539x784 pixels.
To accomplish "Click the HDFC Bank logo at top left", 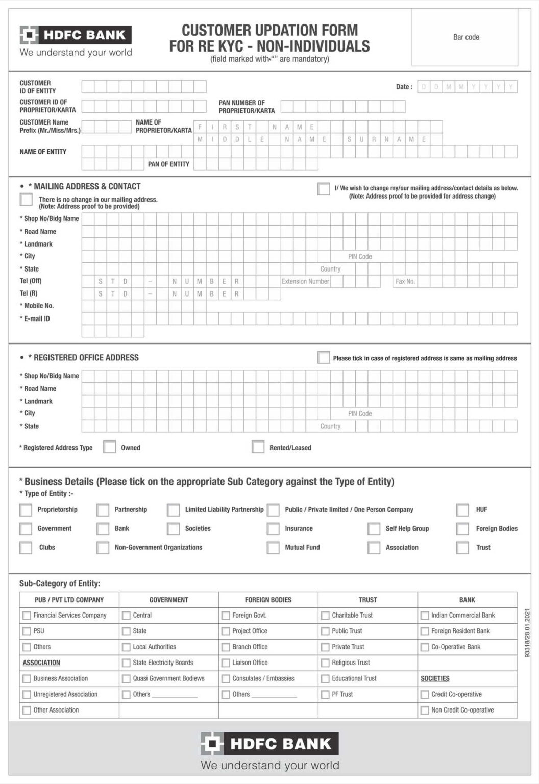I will [x=76, y=35].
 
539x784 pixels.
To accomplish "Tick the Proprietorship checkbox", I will [x=26, y=510].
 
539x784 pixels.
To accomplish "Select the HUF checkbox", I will [x=462, y=510].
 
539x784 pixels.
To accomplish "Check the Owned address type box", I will [x=109, y=447].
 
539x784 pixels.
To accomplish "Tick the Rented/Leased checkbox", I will [x=258, y=447].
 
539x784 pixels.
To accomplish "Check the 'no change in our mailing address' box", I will [x=26, y=199].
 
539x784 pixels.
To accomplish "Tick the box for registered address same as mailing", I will [x=323, y=357].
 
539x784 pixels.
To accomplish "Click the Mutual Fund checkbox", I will [x=273, y=548].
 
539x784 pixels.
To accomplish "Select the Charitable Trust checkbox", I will [x=325, y=616].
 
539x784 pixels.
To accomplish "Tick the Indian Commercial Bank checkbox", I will [x=425, y=616].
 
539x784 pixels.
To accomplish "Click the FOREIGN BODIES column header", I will [x=268, y=600].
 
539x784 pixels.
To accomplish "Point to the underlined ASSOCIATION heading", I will [x=41, y=663].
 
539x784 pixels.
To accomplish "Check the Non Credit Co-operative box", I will [x=425, y=710].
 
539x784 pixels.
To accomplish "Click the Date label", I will [x=404, y=87].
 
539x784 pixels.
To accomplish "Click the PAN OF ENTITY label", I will [x=168, y=164].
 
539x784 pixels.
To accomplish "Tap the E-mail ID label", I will [x=37, y=318].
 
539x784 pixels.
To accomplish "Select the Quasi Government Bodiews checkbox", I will [x=126, y=679].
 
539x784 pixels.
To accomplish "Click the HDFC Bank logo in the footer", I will [x=269, y=744].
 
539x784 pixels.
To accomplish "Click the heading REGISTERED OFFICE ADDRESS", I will [x=86, y=358].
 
